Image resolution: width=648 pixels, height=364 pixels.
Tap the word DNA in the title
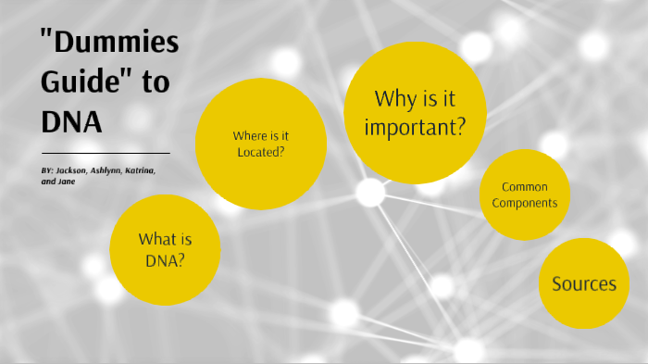71,121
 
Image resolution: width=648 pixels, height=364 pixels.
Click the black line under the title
106,153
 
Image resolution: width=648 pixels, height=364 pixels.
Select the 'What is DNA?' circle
165,249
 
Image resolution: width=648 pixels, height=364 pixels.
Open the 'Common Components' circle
523,195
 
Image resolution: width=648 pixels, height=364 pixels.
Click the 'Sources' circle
583,283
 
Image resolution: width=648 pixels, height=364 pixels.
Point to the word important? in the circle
414,127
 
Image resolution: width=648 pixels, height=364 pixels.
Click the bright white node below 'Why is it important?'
370,193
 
